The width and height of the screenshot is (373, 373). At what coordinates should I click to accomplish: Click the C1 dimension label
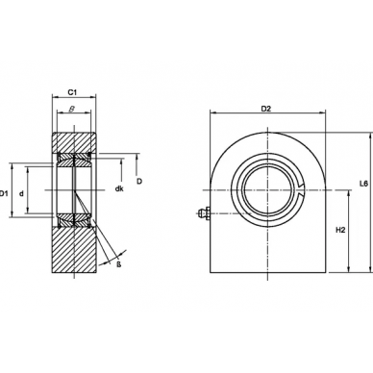pyautogui.click(x=72, y=92)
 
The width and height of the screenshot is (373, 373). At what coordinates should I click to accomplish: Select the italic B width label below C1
pyautogui.click(x=72, y=109)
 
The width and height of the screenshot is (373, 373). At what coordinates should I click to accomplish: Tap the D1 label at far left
pyautogui.click(x=3, y=193)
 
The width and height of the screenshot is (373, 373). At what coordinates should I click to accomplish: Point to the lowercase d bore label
pyautogui.click(x=21, y=193)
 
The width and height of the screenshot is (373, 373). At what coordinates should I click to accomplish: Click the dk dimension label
pyautogui.click(x=119, y=188)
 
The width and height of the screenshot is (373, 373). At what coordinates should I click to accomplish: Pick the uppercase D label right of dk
pyautogui.click(x=139, y=182)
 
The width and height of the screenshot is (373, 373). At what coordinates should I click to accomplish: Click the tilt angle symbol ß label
pyautogui.click(x=118, y=264)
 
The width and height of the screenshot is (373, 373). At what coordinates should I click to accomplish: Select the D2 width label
pyautogui.click(x=266, y=109)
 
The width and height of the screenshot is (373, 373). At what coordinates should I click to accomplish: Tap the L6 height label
pyautogui.click(x=363, y=184)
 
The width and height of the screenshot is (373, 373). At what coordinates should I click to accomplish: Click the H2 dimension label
pyautogui.click(x=340, y=230)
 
